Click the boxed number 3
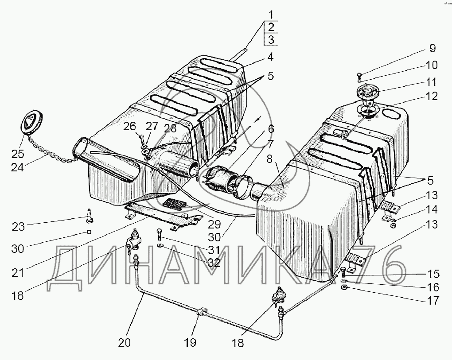[271, 39]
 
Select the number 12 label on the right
[432, 96]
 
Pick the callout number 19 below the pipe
[194, 342]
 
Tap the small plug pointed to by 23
[90, 216]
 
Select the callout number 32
[214, 263]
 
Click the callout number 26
[129, 127]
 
